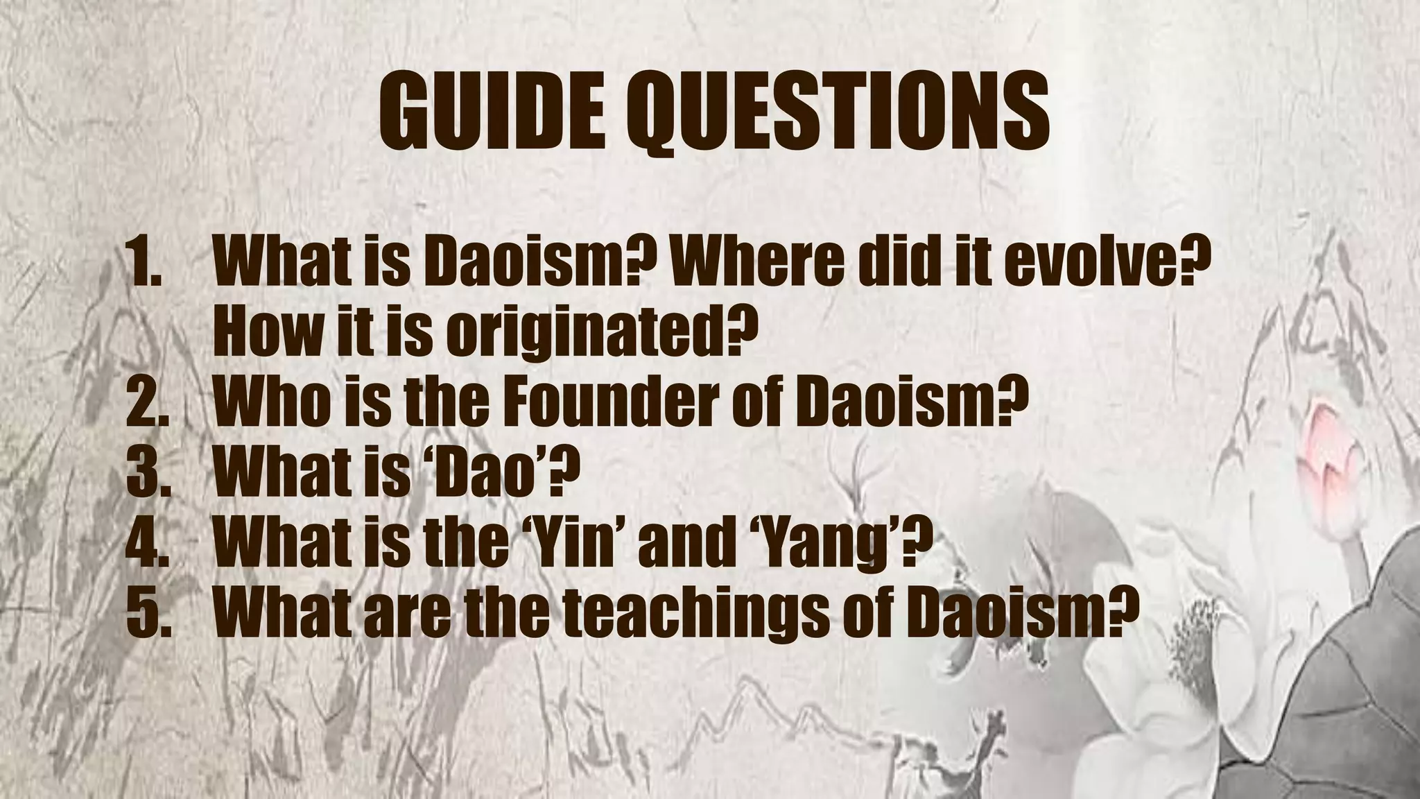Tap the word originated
pos(596,334)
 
